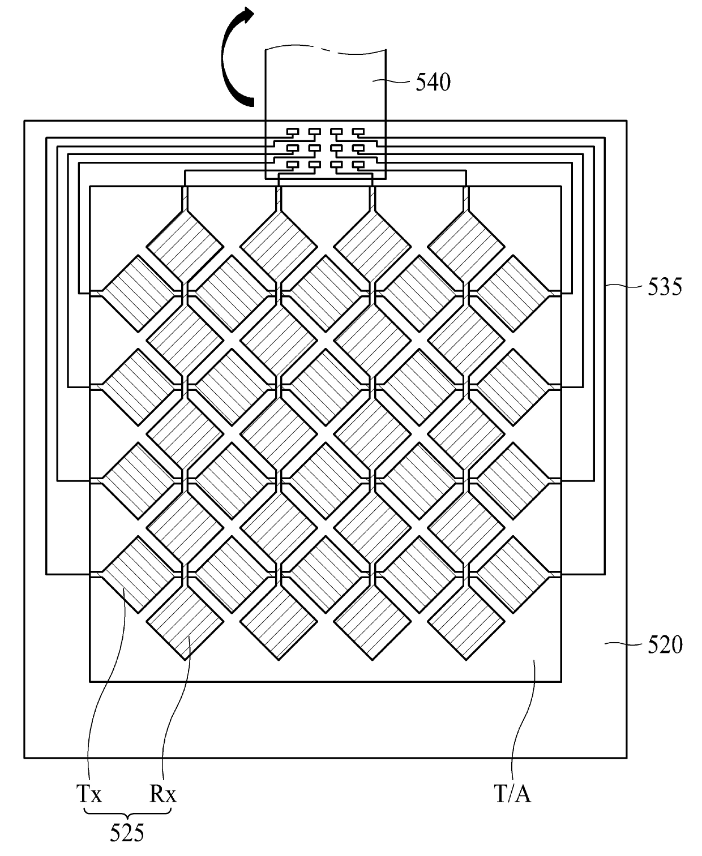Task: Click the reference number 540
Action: pyautogui.click(x=433, y=83)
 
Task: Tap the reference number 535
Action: pyautogui.click(x=665, y=287)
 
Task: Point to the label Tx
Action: pyautogui.click(x=89, y=795)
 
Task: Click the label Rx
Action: pyautogui.click(x=163, y=795)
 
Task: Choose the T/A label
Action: pyautogui.click(x=513, y=794)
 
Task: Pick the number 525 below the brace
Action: pyautogui.click(x=127, y=833)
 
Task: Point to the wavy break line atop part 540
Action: pyautogui.click(x=327, y=51)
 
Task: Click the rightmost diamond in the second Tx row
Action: pyautogui.click(x=513, y=387)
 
